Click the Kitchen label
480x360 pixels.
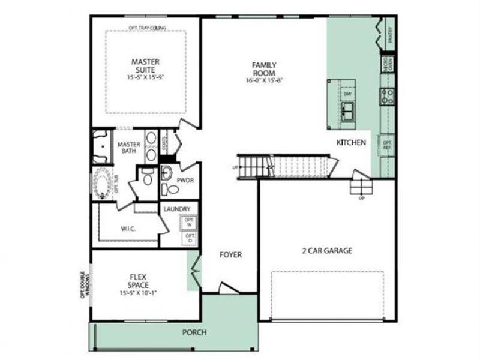coord(351,142)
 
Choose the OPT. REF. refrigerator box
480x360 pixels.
coord(388,145)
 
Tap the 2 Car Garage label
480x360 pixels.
coord(327,251)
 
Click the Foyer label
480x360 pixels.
coord(230,255)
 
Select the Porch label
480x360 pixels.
coord(195,332)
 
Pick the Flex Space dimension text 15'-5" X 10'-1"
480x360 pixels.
coord(138,293)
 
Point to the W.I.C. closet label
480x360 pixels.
coord(130,228)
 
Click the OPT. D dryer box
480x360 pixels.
coord(189,238)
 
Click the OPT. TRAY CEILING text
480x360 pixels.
coord(147,28)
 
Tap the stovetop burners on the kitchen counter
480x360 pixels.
coord(387,94)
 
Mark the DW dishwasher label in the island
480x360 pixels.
coord(347,94)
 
